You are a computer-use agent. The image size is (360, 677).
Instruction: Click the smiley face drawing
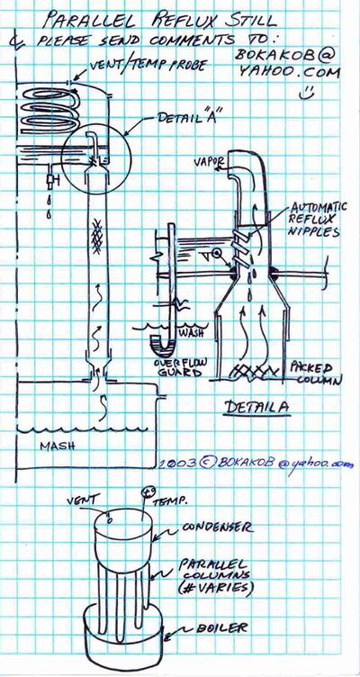click(307, 92)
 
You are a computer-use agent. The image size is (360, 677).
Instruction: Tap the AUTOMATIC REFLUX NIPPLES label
click(313, 219)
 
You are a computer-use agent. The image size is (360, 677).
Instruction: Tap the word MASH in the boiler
click(58, 446)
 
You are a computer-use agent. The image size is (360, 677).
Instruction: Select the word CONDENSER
click(217, 528)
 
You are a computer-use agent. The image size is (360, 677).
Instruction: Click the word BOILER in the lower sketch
click(222, 627)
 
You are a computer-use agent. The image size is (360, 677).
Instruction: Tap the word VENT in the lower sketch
click(80, 501)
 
